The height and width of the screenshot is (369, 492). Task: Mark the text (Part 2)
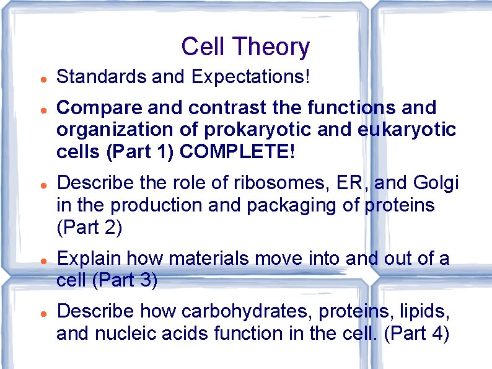90,228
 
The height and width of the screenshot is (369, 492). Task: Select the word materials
206,258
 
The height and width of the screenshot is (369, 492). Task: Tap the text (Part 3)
125,280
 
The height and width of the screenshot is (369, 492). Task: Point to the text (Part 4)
416,333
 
